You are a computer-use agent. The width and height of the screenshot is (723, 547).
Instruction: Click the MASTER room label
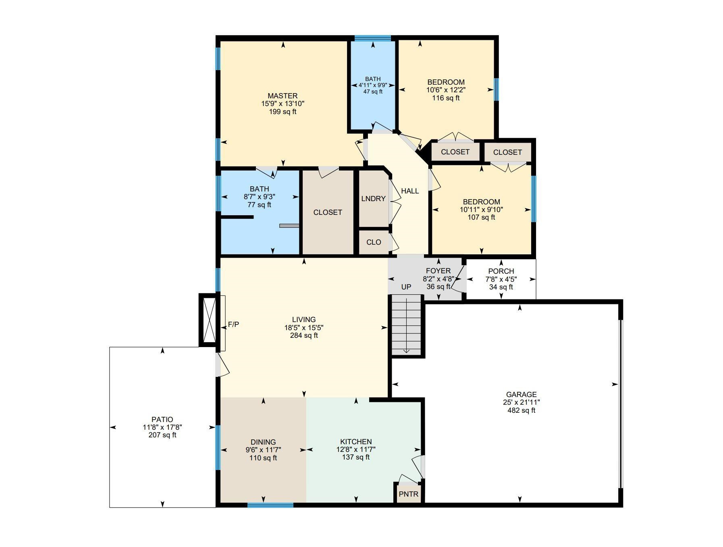(x=283, y=96)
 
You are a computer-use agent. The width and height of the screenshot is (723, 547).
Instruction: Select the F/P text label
(x=233, y=324)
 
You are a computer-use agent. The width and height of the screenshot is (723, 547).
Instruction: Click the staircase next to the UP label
(x=406, y=325)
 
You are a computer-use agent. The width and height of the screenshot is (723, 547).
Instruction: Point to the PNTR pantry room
(x=409, y=494)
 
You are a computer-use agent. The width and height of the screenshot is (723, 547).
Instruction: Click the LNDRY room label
(x=373, y=199)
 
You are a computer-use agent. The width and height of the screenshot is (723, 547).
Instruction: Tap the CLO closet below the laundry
(x=374, y=242)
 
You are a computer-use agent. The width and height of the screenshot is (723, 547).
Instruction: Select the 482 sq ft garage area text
(x=521, y=410)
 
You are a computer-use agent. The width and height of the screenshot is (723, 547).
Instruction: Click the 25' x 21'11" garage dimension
(x=521, y=402)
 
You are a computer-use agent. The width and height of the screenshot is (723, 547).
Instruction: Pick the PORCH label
(x=501, y=271)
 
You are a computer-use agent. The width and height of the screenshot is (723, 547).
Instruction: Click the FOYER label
(x=438, y=271)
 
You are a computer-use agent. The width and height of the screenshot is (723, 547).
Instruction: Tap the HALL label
(x=410, y=191)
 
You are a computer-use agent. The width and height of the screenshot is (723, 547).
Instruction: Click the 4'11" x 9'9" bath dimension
(x=373, y=85)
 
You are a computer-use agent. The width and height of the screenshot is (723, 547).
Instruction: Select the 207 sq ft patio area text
(x=162, y=435)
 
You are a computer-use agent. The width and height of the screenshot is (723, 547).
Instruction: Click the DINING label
(x=263, y=442)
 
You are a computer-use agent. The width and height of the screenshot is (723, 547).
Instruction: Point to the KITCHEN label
(x=356, y=442)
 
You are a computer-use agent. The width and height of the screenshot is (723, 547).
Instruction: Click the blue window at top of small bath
(x=373, y=39)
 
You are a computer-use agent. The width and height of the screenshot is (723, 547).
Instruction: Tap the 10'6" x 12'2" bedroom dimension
(x=446, y=90)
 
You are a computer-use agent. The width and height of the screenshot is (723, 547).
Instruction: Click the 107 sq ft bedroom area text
(x=481, y=217)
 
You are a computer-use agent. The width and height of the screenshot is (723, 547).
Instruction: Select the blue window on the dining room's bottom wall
(x=270, y=505)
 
